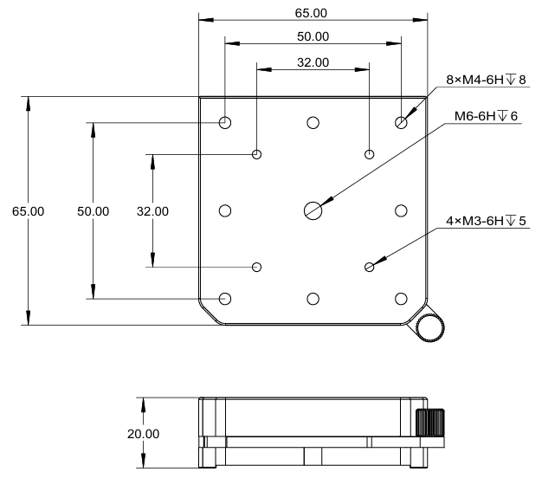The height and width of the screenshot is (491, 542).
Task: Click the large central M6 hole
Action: (x=313, y=210)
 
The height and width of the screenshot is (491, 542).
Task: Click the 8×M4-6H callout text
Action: (x=486, y=80)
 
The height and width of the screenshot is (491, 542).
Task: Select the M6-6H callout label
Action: (x=485, y=116)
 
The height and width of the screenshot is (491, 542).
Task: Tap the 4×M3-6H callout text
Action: (x=486, y=222)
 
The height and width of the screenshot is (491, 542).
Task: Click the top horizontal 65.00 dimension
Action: (x=313, y=13)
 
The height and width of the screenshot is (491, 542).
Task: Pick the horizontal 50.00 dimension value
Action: (x=313, y=36)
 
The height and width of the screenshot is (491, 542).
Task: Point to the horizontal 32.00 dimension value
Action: (x=313, y=62)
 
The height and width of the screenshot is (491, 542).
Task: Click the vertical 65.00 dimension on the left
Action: (x=29, y=210)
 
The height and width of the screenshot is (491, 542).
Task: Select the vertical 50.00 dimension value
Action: (x=93, y=210)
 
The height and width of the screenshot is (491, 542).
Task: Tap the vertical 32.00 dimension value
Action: (x=152, y=210)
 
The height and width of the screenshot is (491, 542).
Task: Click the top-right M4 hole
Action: (x=401, y=122)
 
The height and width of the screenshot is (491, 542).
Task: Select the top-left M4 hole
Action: (x=225, y=122)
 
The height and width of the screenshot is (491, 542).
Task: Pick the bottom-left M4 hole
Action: (x=225, y=299)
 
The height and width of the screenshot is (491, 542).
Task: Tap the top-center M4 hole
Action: (x=313, y=122)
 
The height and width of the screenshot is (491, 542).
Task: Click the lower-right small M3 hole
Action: (x=370, y=267)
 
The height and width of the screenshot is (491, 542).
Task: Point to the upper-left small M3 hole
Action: (x=256, y=155)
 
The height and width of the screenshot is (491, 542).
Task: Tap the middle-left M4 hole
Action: (x=225, y=210)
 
